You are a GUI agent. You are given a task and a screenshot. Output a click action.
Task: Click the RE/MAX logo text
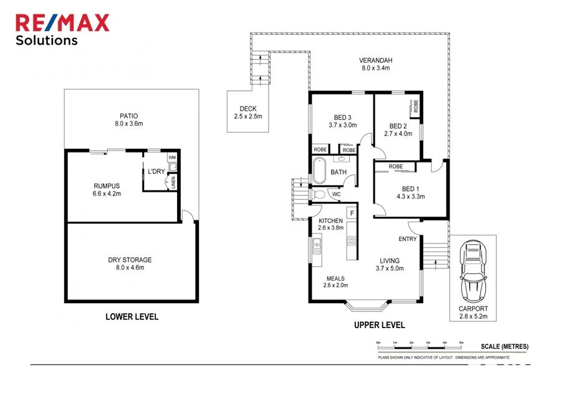62,23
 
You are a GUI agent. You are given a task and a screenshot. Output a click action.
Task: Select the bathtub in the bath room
319,172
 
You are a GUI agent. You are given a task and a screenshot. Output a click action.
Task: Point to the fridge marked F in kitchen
352,214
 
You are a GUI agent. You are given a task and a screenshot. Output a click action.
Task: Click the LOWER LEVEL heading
132,316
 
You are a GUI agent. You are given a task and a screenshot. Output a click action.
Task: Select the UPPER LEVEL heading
379,324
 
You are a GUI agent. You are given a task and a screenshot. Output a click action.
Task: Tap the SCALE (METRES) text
504,347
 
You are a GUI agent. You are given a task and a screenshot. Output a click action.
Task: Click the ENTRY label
407,239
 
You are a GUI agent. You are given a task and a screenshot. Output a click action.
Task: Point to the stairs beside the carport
435,253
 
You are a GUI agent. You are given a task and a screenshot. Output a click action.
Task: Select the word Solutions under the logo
47,40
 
